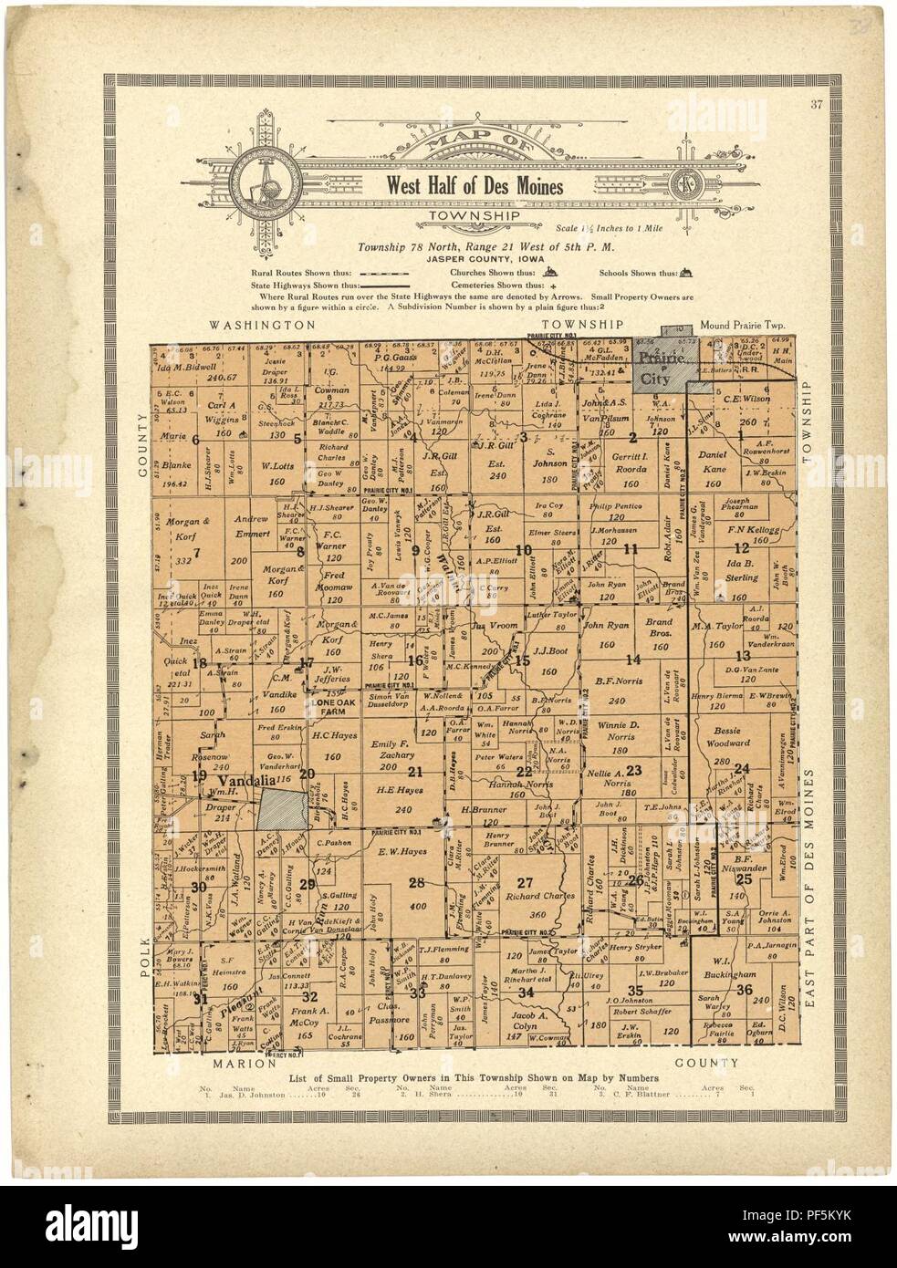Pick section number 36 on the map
[745, 990]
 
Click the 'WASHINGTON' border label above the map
[261, 324]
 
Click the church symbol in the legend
[550, 272]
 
